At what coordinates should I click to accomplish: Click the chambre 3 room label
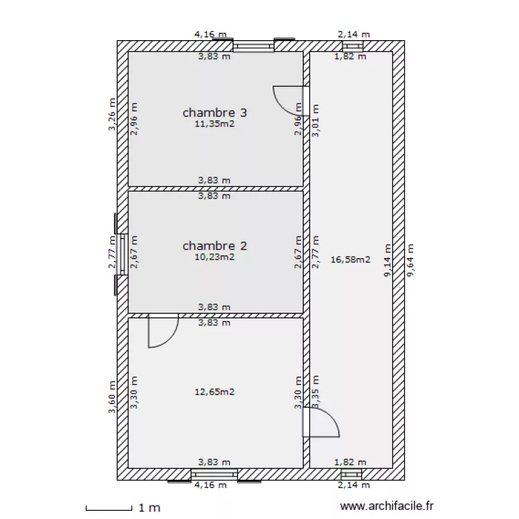pos(215,112)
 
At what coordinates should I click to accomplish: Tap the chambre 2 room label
pos(215,245)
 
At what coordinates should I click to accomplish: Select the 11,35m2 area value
pos(215,125)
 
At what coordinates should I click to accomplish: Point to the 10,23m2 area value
pos(215,257)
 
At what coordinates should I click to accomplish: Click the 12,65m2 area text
pos(215,392)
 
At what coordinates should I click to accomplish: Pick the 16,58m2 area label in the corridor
pos(351,260)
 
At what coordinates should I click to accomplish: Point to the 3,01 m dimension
pos(316,120)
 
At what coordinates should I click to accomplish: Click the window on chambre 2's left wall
pos(121,254)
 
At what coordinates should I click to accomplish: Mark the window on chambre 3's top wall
pos(253,46)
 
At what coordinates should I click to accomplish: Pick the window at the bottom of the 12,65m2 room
pos(215,474)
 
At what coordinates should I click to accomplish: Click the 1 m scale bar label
pos(149,508)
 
